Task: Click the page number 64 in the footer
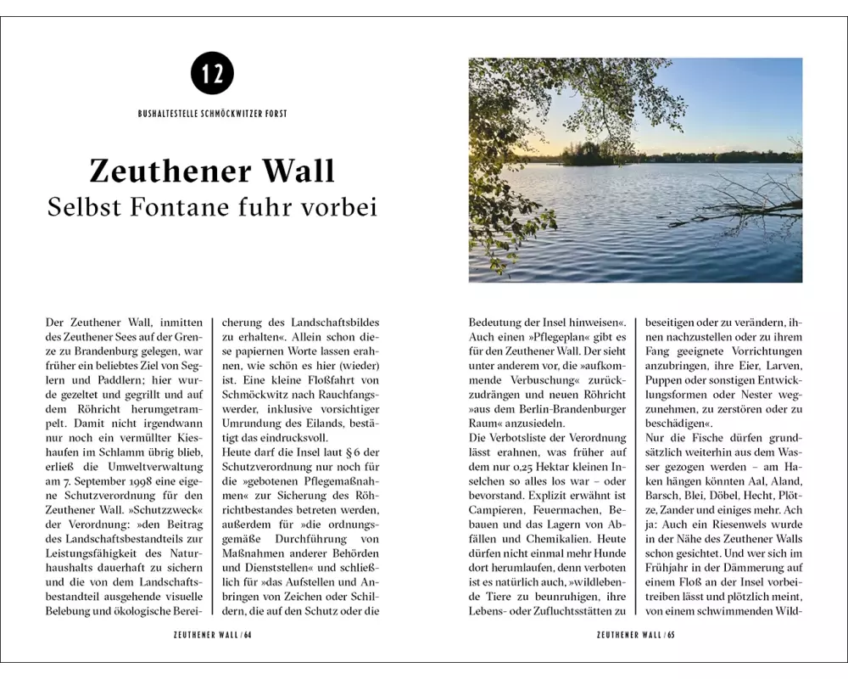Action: [x=248, y=634]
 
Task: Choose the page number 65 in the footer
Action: [x=670, y=634]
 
